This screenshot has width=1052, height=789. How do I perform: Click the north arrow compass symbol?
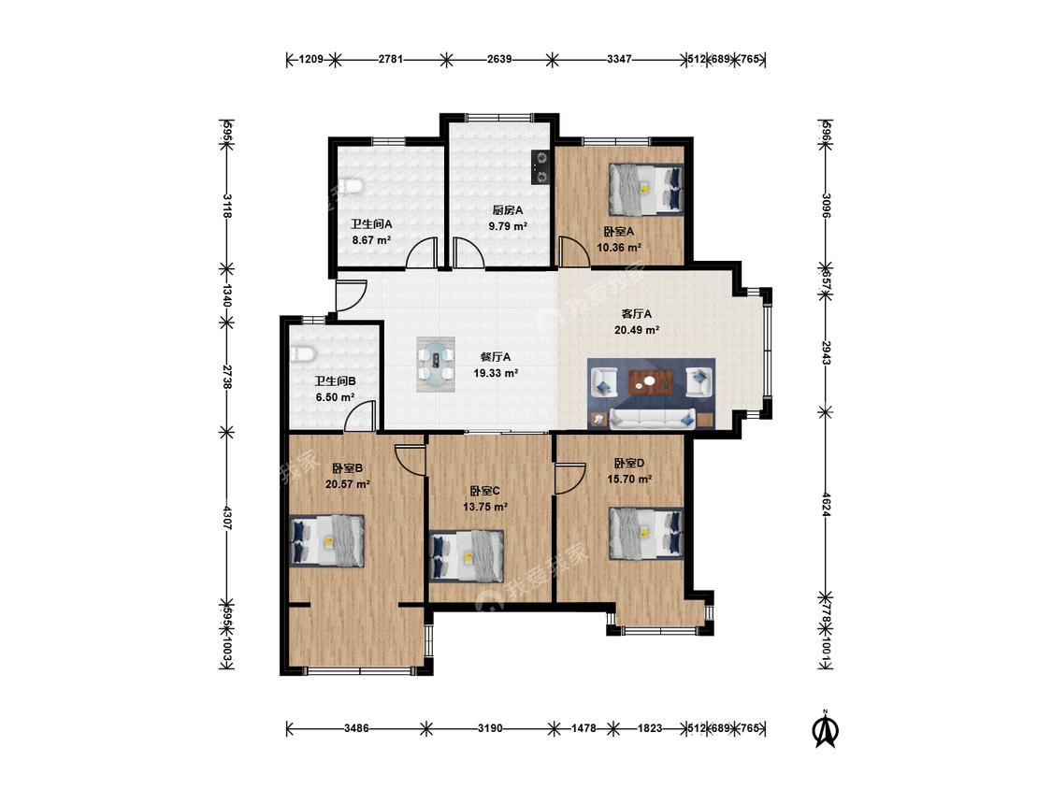coord(826,730)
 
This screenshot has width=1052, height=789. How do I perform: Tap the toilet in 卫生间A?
coord(351,185)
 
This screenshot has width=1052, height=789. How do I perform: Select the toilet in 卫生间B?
coord(302,353)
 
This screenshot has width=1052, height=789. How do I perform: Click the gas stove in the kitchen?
coord(540,167)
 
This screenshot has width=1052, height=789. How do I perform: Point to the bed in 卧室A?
coord(646,189)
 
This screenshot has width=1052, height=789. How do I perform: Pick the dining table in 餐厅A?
coord(436,365)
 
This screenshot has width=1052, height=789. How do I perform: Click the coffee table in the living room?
coord(650,382)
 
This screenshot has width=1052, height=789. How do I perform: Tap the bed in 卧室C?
coord(467,556)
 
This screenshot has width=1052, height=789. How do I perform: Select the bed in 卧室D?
coord(646,534)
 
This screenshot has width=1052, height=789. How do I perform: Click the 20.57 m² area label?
coord(348,483)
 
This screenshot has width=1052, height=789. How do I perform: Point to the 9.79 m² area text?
coord(508,226)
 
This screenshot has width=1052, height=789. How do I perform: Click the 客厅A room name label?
coord(636,313)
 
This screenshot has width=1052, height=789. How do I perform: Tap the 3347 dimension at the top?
coord(619,59)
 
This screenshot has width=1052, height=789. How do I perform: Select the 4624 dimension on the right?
coord(827,504)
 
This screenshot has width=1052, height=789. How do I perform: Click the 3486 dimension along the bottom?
coord(356,728)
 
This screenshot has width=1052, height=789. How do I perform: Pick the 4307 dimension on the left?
coord(227,519)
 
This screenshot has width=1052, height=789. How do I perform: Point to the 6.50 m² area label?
coord(336,397)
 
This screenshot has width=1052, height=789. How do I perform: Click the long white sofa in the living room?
coord(652,418)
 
